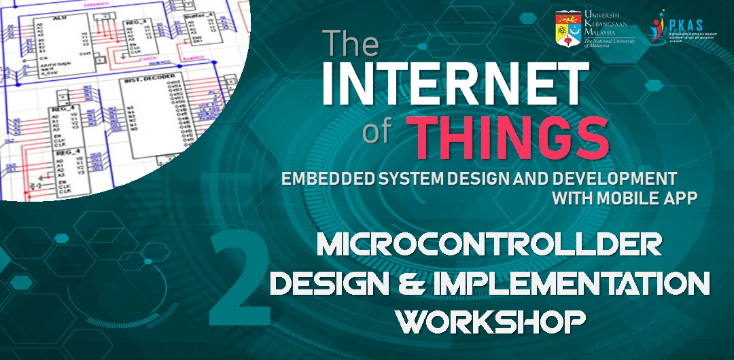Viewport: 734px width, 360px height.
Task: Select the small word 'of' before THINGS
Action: pyautogui.click(x=378, y=132)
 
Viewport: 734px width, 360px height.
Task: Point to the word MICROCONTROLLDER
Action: pyautogui.click(x=489, y=245)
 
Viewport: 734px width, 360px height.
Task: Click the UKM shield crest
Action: pyautogui.click(x=570, y=28)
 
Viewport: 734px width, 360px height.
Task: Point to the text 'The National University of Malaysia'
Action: pyautogui.click(x=610, y=43)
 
